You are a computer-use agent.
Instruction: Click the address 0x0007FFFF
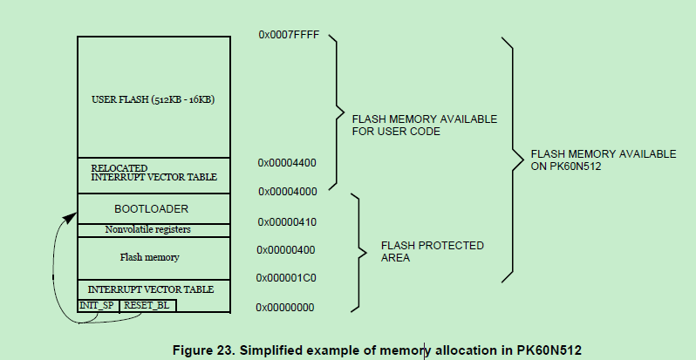[289, 34]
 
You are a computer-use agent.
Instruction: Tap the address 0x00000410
[287, 222]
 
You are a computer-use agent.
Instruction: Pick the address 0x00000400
[287, 250]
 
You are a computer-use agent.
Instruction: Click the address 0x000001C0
[287, 278]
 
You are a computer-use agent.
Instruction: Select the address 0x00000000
[286, 308]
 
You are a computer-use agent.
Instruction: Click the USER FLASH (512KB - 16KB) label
[153, 99]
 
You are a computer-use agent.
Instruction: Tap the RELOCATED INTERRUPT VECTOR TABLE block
[154, 172]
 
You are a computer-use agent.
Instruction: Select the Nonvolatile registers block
[153, 230]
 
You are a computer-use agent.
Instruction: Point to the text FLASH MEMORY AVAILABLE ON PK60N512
[603, 160]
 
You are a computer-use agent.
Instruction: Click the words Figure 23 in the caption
[206, 350]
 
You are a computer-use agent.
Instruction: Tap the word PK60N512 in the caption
[542, 350]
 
